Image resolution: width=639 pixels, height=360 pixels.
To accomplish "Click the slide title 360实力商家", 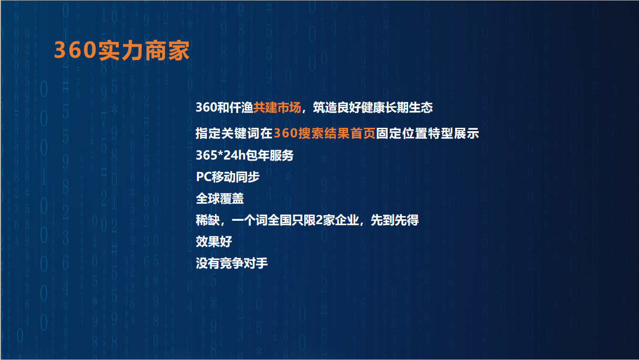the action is pyautogui.click(x=122, y=51).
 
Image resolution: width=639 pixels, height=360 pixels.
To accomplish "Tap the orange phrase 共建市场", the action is pyautogui.click(x=277, y=108).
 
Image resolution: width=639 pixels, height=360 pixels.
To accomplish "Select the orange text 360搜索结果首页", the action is pyautogui.click(x=325, y=133).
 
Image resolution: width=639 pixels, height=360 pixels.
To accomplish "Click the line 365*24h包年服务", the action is pyautogui.click(x=245, y=155).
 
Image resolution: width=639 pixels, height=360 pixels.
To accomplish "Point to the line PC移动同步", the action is pyautogui.click(x=227, y=177).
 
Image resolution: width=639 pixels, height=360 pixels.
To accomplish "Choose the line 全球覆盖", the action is pyautogui.click(x=220, y=198).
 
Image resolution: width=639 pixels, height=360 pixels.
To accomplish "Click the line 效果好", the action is pyautogui.click(x=214, y=242).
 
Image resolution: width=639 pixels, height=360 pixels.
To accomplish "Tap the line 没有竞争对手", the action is pyautogui.click(x=232, y=263).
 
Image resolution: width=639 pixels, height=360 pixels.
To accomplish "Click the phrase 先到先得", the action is pyautogui.click(x=394, y=220).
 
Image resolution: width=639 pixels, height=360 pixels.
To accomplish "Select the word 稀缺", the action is pyautogui.click(x=208, y=220).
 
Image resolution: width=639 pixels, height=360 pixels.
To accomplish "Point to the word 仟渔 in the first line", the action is pyautogui.click(x=241, y=108).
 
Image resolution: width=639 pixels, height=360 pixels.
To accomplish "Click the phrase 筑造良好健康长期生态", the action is pyautogui.click(x=373, y=108).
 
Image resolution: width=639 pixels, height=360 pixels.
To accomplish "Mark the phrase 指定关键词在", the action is pyautogui.click(x=234, y=133).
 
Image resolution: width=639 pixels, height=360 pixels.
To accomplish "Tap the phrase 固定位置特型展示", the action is pyautogui.click(x=427, y=133).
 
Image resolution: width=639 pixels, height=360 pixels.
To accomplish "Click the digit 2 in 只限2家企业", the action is pyautogui.click(x=319, y=220).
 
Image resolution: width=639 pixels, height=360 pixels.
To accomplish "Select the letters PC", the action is pyautogui.click(x=204, y=177).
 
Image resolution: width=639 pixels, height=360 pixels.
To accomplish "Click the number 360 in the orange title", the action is pyautogui.click(x=75, y=50).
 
